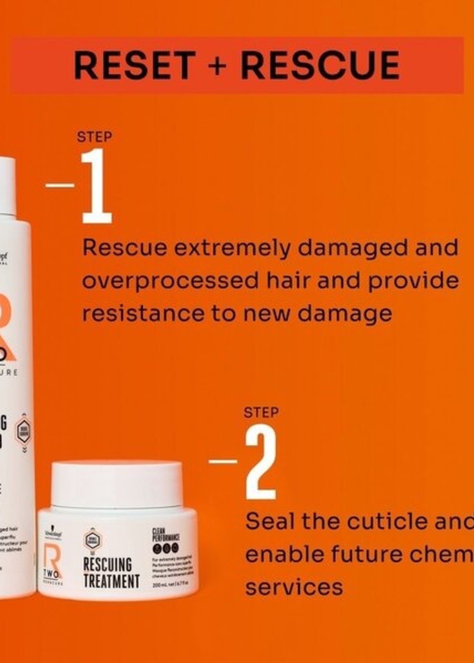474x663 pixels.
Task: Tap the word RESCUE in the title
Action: [320, 65]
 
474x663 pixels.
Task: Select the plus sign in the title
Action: [217, 65]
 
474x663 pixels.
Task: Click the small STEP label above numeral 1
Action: [95, 137]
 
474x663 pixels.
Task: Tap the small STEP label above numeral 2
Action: [261, 412]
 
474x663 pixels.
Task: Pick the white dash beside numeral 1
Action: [60, 185]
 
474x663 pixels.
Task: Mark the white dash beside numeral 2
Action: [223, 461]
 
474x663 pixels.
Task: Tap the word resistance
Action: [143, 314]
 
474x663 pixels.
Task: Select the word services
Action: [294, 587]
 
